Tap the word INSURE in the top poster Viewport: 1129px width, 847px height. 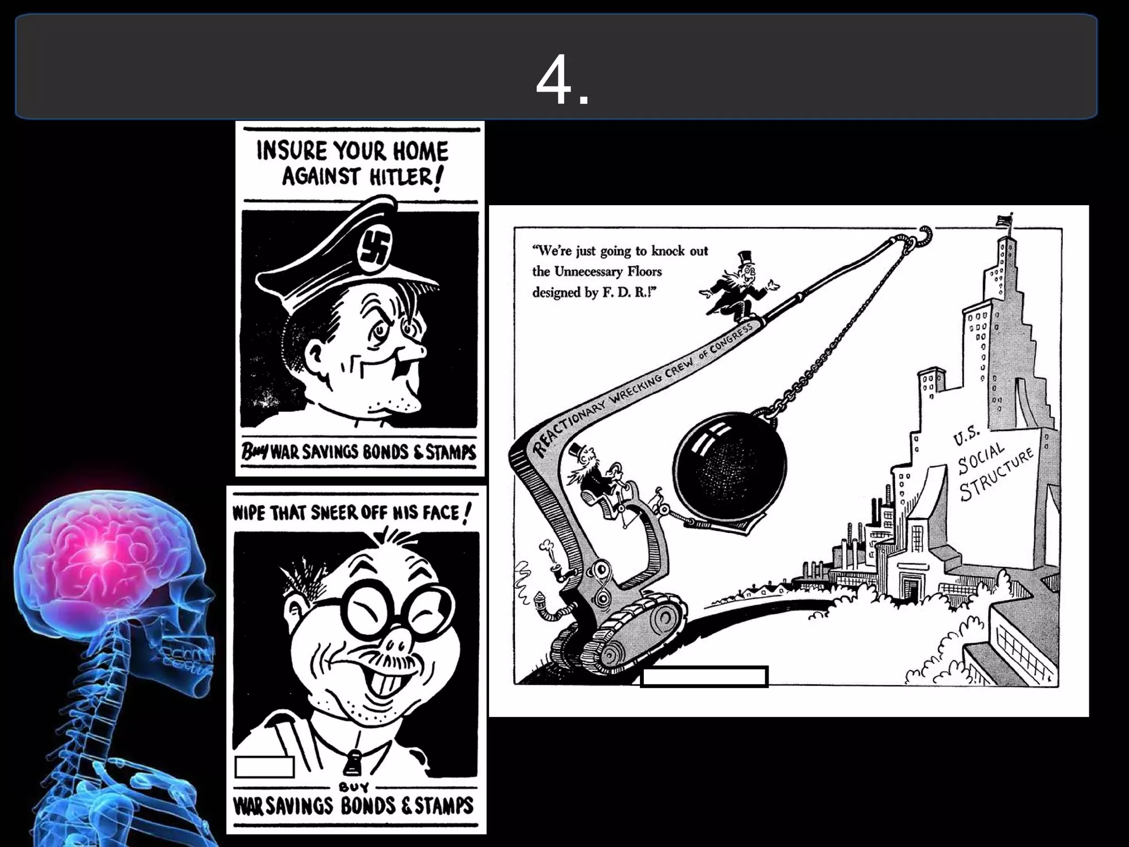(x=289, y=150)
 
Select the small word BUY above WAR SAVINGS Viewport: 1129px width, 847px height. (x=354, y=786)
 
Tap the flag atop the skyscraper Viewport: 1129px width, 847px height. (x=1004, y=220)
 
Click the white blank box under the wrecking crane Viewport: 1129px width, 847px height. (x=704, y=677)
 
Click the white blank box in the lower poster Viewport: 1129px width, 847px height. (x=264, y=766)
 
